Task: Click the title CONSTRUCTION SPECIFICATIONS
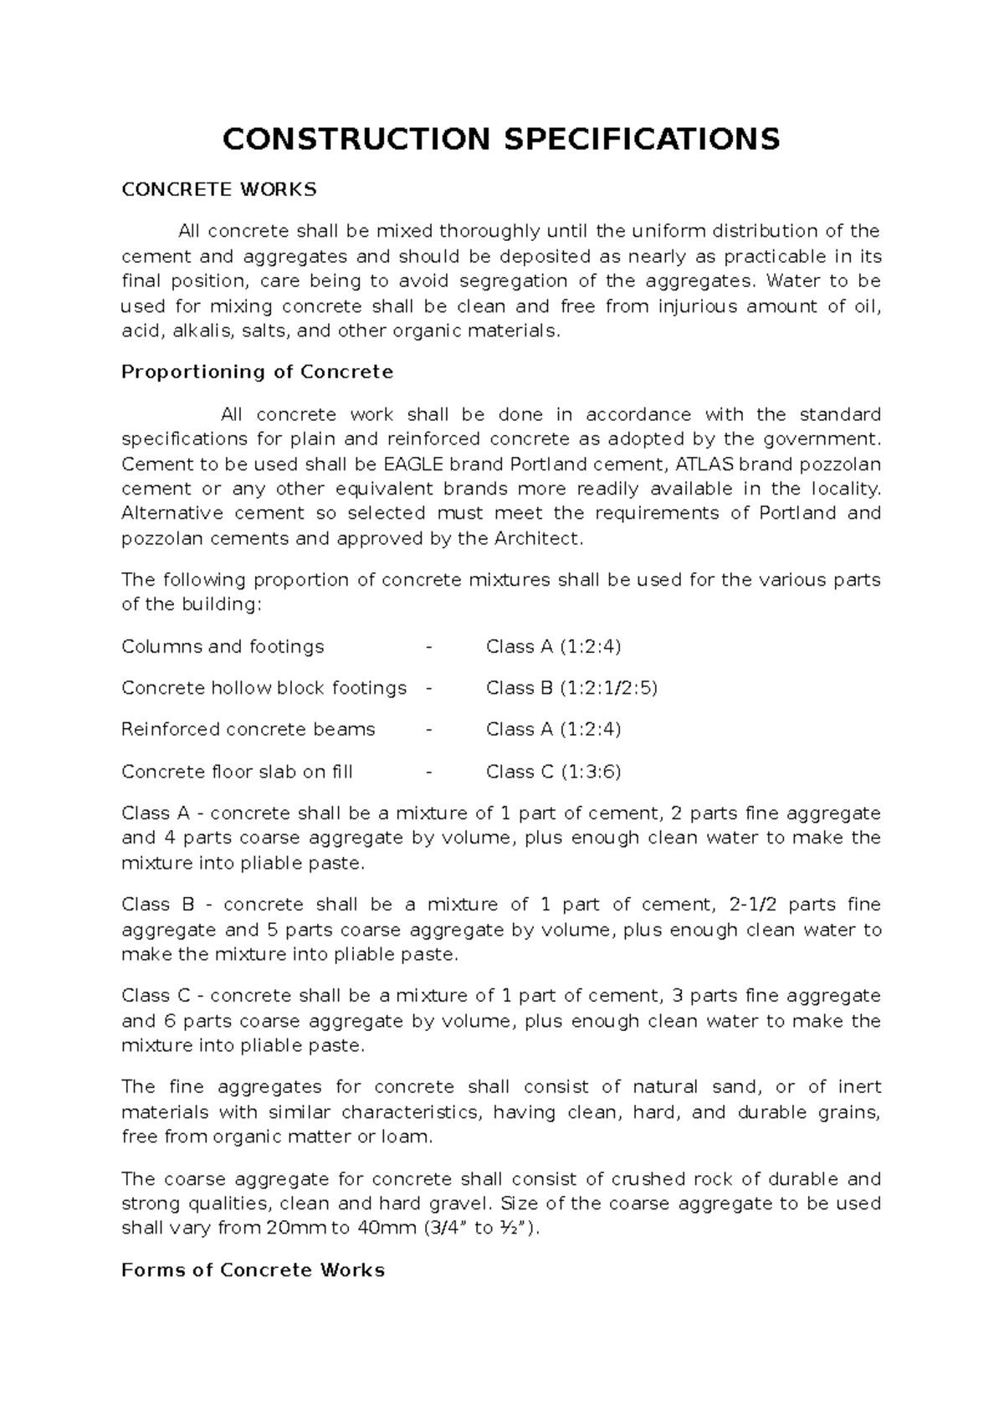coord(500,139)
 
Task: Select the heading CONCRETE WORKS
coord(219,189)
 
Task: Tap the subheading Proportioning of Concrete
coord(257,372)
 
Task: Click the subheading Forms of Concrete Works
coord(253,1270)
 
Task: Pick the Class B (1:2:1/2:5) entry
coord(571,688)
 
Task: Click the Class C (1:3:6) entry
coord(553,772)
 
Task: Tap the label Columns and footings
coord(223,647)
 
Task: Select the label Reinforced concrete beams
coord(248,730)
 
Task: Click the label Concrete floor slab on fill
coord(237,772)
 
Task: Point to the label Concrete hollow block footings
coord(264,688)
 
